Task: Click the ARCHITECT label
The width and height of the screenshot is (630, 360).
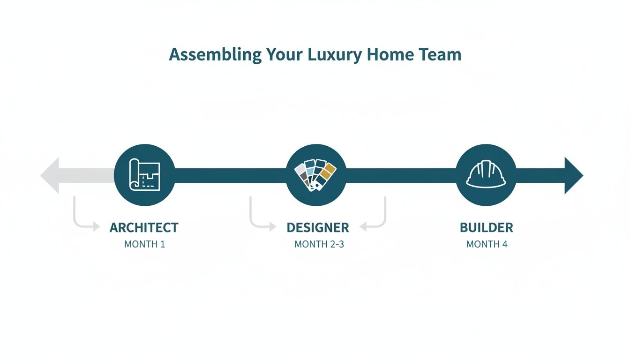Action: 144,228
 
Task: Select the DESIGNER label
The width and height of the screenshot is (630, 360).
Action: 318,228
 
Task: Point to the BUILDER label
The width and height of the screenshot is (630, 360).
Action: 487,228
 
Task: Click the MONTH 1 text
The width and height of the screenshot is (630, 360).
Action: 144,244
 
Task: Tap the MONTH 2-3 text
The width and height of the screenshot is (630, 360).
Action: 319,244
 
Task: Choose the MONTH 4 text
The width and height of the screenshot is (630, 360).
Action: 487,244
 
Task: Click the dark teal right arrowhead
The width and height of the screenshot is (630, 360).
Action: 573,176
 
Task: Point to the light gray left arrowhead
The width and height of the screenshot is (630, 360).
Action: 51,176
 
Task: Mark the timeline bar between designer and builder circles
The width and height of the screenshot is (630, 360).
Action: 401,176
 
